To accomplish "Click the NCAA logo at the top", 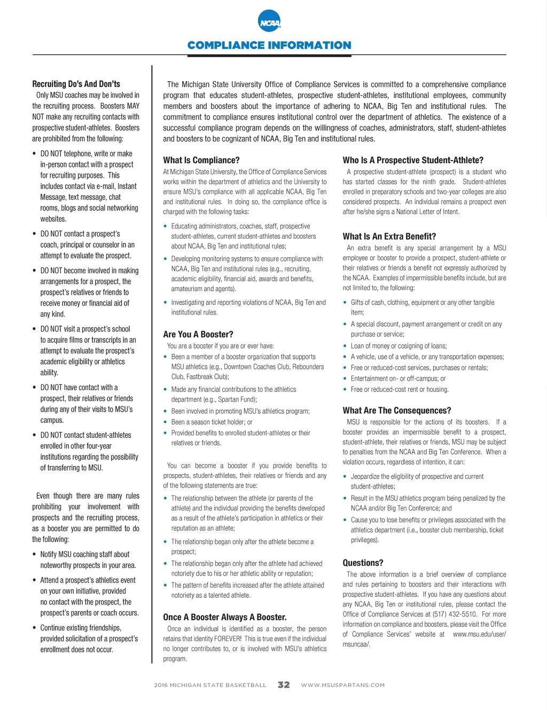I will [x=269, y=22].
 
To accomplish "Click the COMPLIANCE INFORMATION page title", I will [x=269, y=45].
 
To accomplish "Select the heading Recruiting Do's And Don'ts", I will [x=76, y=84].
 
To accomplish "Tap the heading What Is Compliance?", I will [x=201, y=160].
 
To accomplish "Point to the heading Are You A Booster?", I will [x=198, y=335].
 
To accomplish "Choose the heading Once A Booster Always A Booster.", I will [x=225, y=617].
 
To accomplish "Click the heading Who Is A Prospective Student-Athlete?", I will [x=413, y=160].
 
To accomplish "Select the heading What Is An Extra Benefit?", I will [x=389, y=236].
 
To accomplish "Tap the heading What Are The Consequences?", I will [x=397, y=411].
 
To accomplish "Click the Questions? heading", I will [x=363, y=563].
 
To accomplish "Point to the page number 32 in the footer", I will [x=284, y=685].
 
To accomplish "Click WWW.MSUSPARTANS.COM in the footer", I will [x=343, y=685].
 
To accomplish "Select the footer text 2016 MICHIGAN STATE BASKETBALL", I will [x=210, y=685].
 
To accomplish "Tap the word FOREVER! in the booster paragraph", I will [x=228, y=639].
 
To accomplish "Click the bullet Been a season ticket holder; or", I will [x=212, y=422].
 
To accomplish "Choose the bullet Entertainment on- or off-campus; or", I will [x=398, y=378].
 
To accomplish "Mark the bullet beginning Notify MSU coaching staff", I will [x=85, y=555].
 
